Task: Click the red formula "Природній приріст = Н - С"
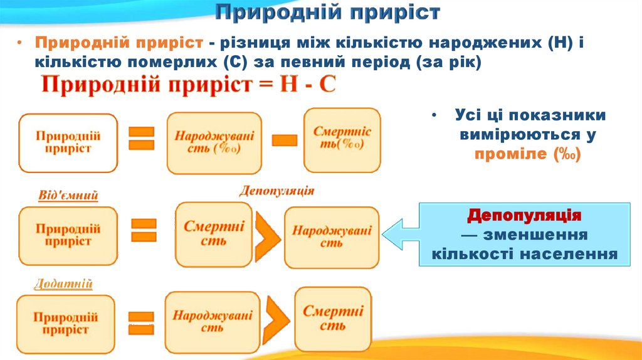click(x=189, y=85)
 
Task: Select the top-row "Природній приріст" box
click(x=68, y=142)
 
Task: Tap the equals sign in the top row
click(x=141, y=139)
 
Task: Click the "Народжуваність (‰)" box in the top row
click(x=214, y=142)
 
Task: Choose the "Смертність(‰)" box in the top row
click(x=342, y=139)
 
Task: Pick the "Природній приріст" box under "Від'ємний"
click(x=68, y=235)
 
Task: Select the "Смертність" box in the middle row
click(x=214, y=233)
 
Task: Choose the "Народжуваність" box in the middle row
click(x=331, y=236)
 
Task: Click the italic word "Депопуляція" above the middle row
click(x=276, y=190)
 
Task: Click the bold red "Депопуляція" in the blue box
click(x=524, y=216)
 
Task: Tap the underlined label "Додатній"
click(x=64, y=284)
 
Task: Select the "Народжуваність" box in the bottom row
click(x=213, y=321)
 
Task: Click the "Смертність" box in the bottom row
click(x=333, y=318)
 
